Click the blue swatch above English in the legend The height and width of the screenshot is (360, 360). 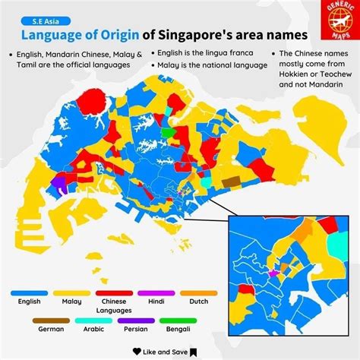(x=29, y=292)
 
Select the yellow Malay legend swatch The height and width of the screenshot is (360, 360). (x=71, y=292)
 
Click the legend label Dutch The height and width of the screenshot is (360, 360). (x=199, y=302)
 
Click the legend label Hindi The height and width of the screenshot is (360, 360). (x=156, y=302)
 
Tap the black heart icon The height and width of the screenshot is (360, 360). (x=137, y=352)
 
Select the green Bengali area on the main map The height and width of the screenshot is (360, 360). (x=166, y=132)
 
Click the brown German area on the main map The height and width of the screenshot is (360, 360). (x=230, y=181)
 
